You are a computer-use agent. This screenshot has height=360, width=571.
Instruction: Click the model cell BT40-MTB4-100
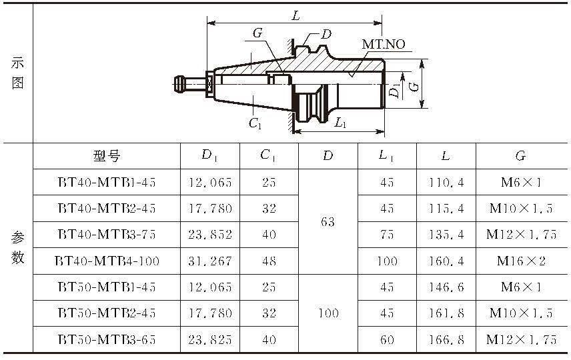pyautogui.click(x=107, y=261)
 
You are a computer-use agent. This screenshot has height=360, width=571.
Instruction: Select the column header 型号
pyautogui.click(x=107, y=156)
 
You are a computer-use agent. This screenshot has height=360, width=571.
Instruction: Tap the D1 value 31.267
pyautogui.click(x=210, y=261)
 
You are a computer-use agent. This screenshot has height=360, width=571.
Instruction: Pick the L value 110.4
pyautogui.click(x=446, y=182)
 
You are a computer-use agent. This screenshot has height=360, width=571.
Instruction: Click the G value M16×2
pyautogui.click(x=521, y=261)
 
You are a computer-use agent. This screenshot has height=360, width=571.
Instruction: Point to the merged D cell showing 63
pyautogui.click(x=328, y=222)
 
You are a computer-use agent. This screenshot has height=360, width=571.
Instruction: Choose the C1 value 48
pyautogui.click(x=269, y=261)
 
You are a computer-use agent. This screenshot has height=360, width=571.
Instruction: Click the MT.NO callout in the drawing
pyautogui.click(x=384, y=45)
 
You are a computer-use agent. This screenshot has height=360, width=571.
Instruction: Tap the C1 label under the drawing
pyautogui.click(x=255, y=123)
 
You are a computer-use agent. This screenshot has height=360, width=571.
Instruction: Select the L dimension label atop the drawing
pyautogui.click(x=296, y=15)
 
